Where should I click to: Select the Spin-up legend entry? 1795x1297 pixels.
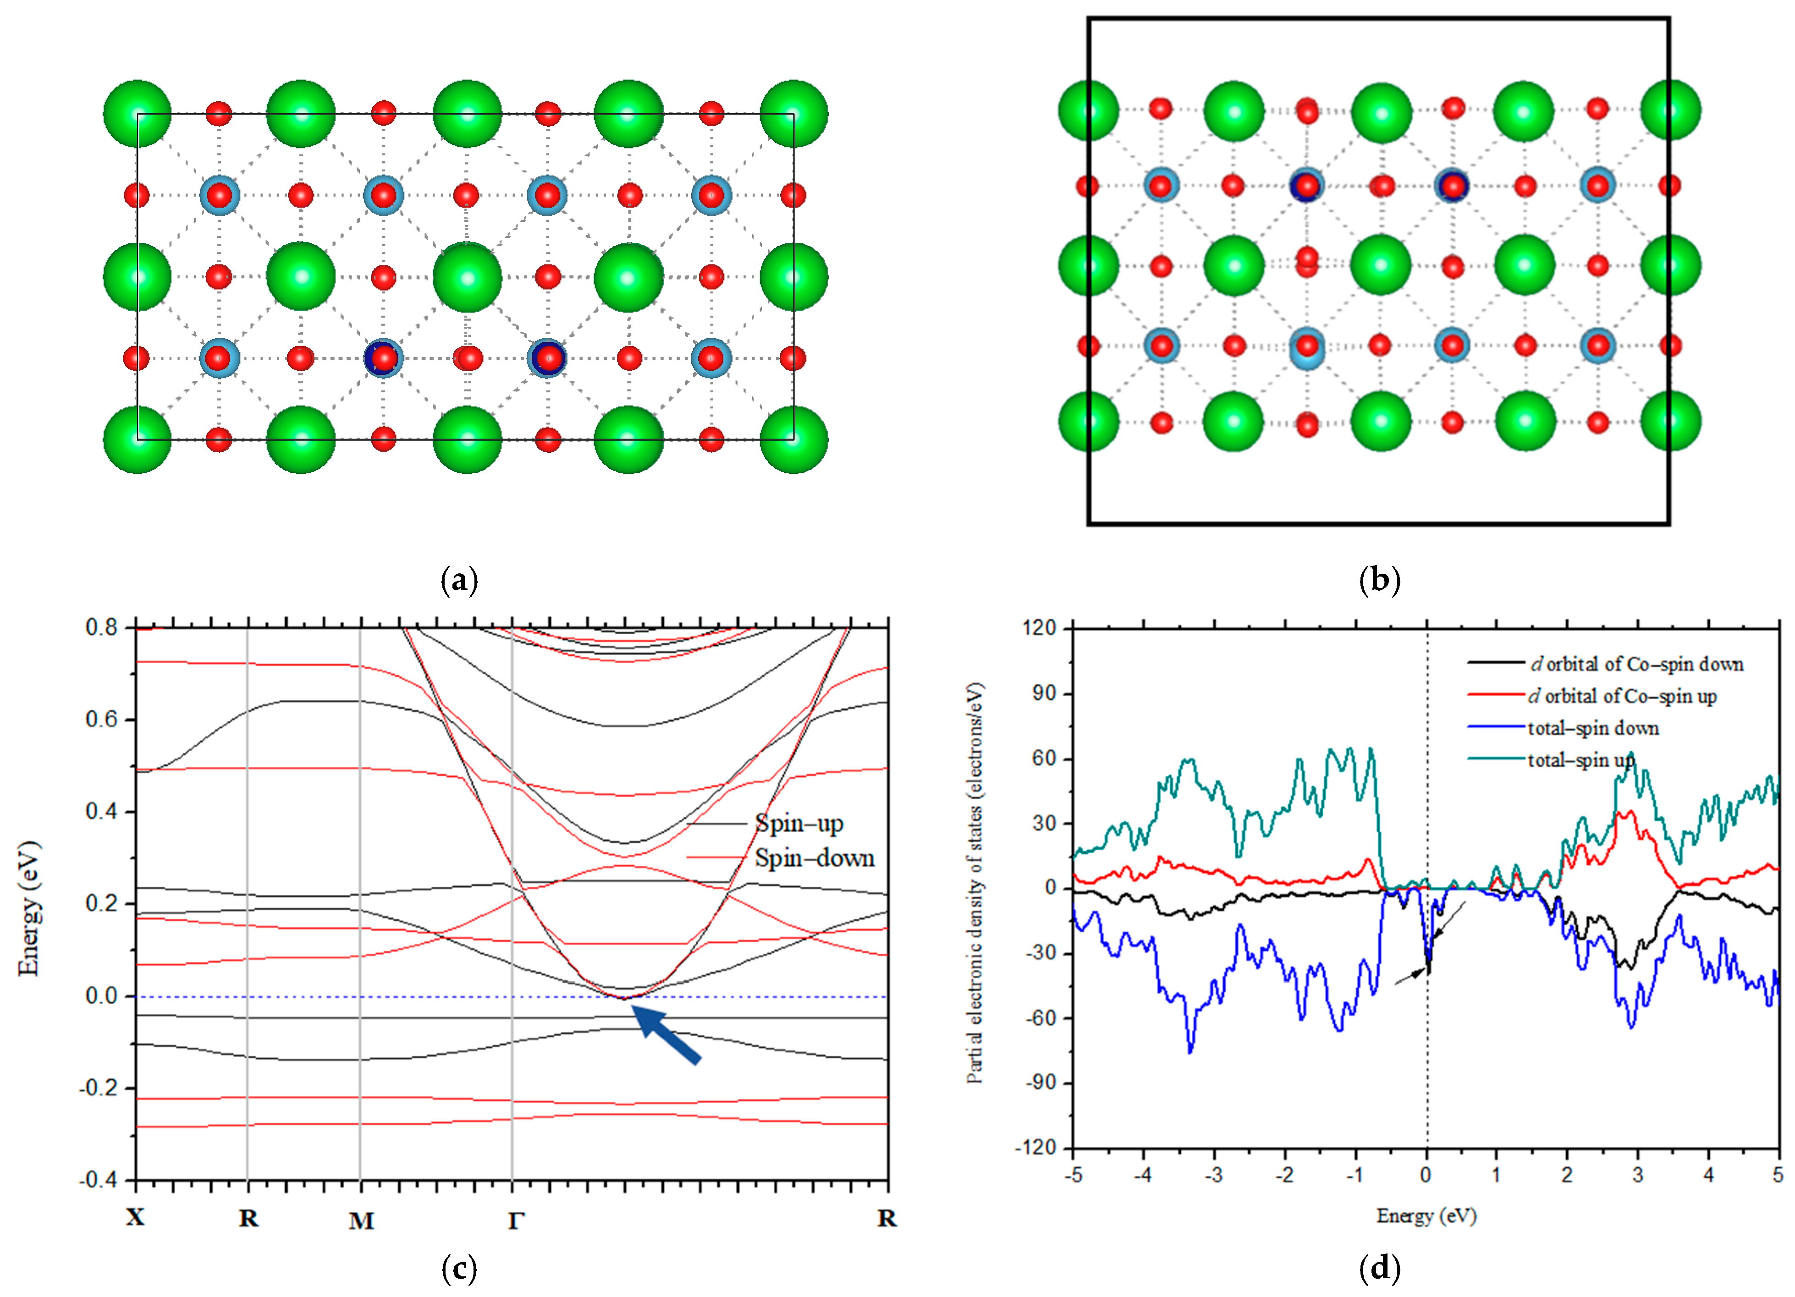point(798,824)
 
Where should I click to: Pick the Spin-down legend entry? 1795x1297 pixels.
point(814,858)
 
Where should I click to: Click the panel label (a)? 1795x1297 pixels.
point(459,581)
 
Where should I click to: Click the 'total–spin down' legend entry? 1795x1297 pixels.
point(1592,728)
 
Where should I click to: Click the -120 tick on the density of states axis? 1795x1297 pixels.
point(1036,1148)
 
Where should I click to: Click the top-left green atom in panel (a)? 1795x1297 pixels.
point(138,113)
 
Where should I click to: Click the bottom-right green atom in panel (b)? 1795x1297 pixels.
point(1670,422)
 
